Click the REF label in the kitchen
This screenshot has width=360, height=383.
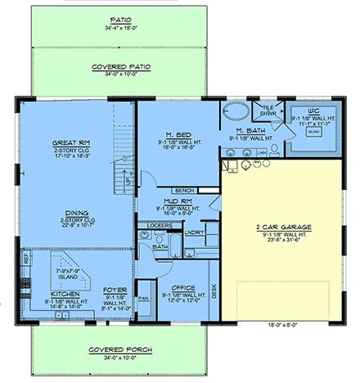point(25,255)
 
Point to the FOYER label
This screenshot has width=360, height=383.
point(114,290)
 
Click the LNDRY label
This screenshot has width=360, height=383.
point(194,232)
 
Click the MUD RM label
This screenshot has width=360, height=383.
point(177,200)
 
